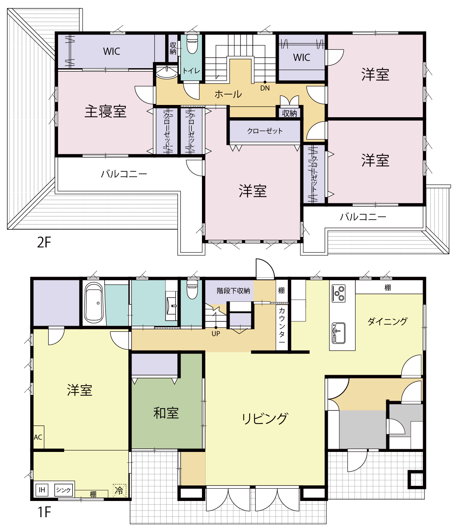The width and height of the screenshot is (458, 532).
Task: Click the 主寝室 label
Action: coord(106,112)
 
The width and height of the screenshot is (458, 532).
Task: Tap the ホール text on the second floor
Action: coord(228,94)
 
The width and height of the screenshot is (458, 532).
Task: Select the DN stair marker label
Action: coord(265,88)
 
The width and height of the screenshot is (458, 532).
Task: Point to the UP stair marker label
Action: coord(216,334)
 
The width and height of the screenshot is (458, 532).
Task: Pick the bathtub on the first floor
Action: coord(94,303)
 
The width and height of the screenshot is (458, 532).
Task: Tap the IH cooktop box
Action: coord(42,490)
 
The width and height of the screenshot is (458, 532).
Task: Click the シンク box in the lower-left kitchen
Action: coord(63,490)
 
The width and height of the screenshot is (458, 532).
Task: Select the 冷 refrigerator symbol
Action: coord(119,490)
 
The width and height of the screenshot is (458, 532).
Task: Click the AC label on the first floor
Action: coord(38,437)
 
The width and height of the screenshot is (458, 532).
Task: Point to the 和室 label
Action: coord(166,413)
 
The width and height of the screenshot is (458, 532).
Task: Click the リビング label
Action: coord(265,418)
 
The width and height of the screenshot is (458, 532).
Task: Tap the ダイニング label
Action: coord(388,321)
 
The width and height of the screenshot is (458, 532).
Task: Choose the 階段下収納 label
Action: coord(233,291)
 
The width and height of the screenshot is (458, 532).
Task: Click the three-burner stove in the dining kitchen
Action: coord(339,293)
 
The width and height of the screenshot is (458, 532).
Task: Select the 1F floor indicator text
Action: coord(44,512)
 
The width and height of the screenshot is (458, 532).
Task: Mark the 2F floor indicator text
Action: coord(44,242)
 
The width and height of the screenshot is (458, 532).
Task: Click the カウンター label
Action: coord(282,326)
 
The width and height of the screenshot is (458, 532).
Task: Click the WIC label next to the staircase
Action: coord(301,58)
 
